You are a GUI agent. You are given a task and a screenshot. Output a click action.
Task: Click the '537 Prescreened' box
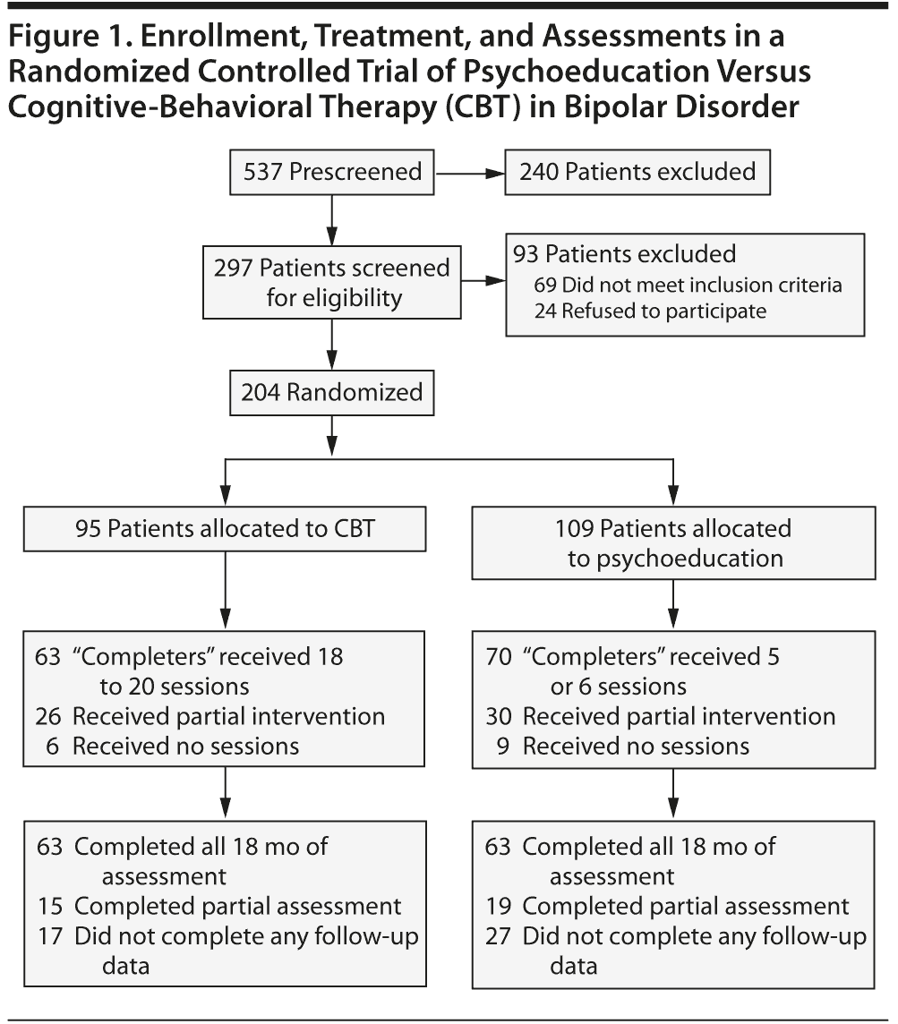[x=332, y=171]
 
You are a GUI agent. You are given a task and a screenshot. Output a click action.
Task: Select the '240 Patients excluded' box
[x=637, y=171]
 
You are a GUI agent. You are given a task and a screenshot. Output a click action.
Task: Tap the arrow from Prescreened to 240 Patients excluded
[x=469, y=171]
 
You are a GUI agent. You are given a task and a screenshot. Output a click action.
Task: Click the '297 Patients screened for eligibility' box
[x=332, y=282]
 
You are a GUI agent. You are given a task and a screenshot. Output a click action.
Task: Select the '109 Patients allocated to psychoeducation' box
[x=672, y=542]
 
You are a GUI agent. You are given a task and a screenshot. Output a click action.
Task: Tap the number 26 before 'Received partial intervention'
[x=49, y=716]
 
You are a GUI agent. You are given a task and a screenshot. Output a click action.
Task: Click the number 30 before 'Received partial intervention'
[x=500, y=716]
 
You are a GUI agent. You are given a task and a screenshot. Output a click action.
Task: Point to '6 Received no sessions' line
[x=175, y=745]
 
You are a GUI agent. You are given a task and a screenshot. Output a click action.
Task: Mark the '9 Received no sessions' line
[x=625, y=745]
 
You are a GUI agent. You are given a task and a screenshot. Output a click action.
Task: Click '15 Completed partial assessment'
[x=219, y=906]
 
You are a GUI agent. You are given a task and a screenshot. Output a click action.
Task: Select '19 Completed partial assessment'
[x=668, y=906]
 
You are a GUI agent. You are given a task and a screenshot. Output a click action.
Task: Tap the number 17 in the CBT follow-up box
[x=49, y=936]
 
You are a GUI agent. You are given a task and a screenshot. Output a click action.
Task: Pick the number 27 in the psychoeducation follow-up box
[x=500, y=936]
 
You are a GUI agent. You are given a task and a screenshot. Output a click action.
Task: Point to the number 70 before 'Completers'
[x=500, y=657]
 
